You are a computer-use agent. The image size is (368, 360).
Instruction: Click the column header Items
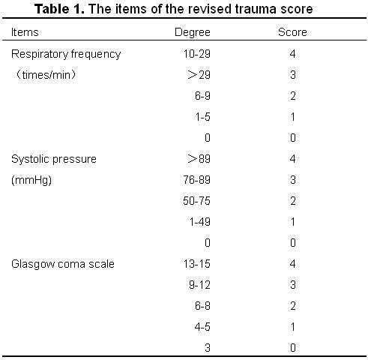pyautogui.click(x=25, y=32)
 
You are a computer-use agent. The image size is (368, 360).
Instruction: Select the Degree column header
pyautogui.click(x=193, y=33)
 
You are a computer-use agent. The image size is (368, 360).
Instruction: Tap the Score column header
pyautogui.click(x=292, y=32)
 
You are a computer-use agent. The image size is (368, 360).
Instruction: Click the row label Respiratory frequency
pyautogui.click(x=66, y=54)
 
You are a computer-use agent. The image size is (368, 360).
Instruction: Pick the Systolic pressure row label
pyautogui.click(x=54, y=159)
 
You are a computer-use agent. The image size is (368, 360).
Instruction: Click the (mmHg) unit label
pyautogui.click(x=31, y=180)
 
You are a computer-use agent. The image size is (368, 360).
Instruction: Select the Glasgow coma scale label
pyautogui.click(x=63, y=264)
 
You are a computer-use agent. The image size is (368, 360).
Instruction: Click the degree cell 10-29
pyautogui.click(x=197, y=54)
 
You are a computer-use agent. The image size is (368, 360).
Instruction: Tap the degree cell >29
pyautogui.click(x=199, y=75)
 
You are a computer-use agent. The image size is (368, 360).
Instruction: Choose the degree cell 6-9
pyautogui.click(x=202, y=96)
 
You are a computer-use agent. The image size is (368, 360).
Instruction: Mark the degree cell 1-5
pyautogui.click(x=203, y=117)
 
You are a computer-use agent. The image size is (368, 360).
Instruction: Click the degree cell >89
pyautogui.click(x=199, y=159)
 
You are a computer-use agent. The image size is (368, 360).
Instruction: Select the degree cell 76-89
pyautogui.click(x=196, y=180)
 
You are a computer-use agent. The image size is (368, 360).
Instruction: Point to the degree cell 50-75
pyautogui.click(x=196, y=201)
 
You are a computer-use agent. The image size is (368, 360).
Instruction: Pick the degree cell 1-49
pyautogui.click(x=200, y=222)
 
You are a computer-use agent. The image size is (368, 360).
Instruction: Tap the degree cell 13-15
pyautogui.click(x=197, y=264)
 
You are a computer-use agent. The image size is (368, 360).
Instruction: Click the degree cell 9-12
pyautogui.click(x=199, y=285)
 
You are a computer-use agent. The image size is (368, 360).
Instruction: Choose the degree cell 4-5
pyautogui.click(x=202, y=327)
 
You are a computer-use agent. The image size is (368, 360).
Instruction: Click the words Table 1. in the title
pyautogui.click(x=59, y=9)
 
